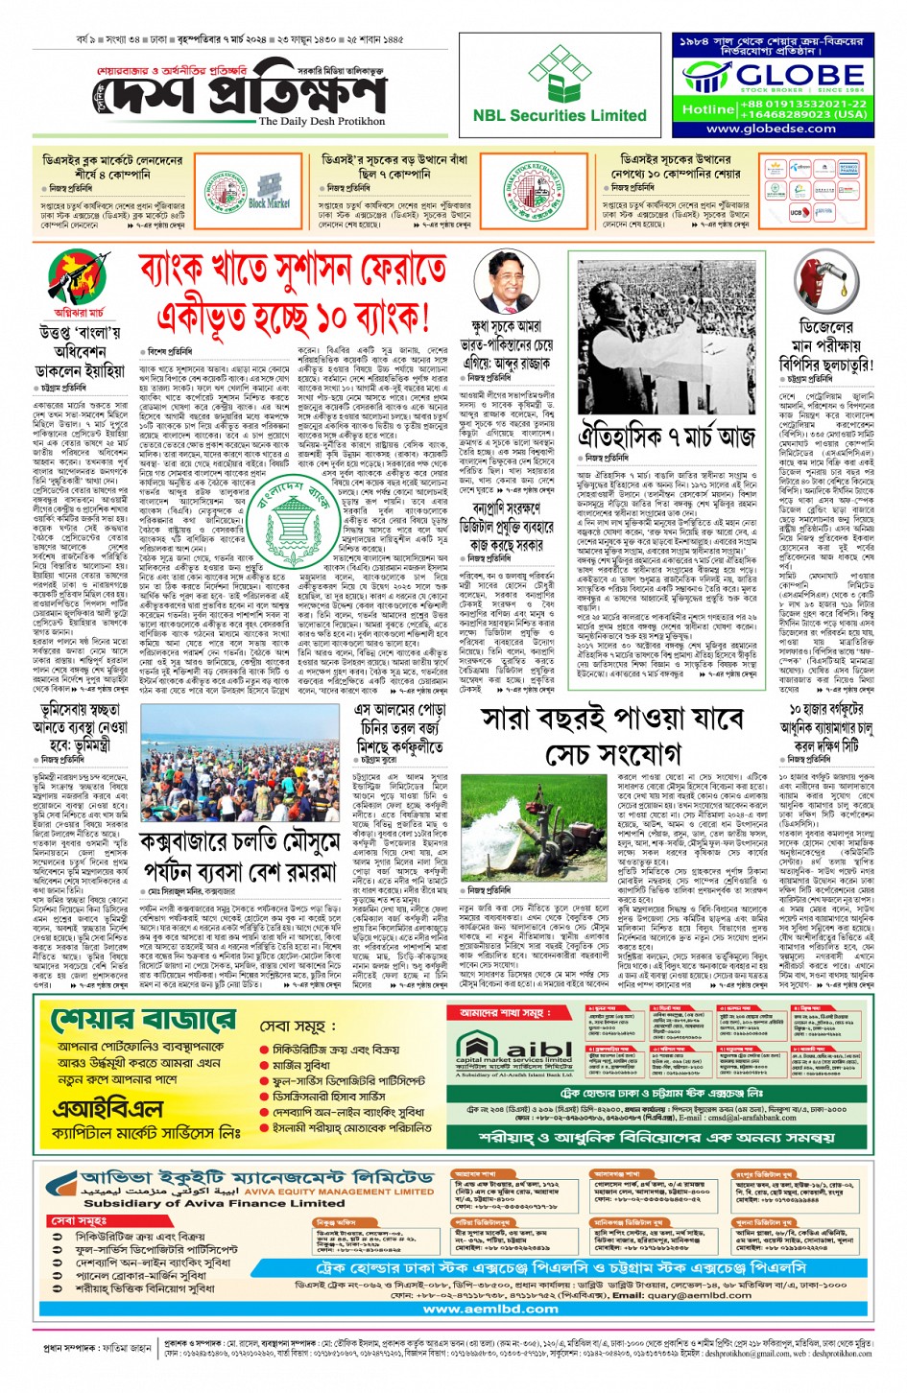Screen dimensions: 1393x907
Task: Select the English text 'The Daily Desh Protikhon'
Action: pyautogui.click(x=322, y=121)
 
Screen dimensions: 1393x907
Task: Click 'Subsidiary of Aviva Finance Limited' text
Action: pyautogui.click(x=201, y=1203)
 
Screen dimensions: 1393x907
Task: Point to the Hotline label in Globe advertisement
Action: pyautogui.click(x=708, y=109)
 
